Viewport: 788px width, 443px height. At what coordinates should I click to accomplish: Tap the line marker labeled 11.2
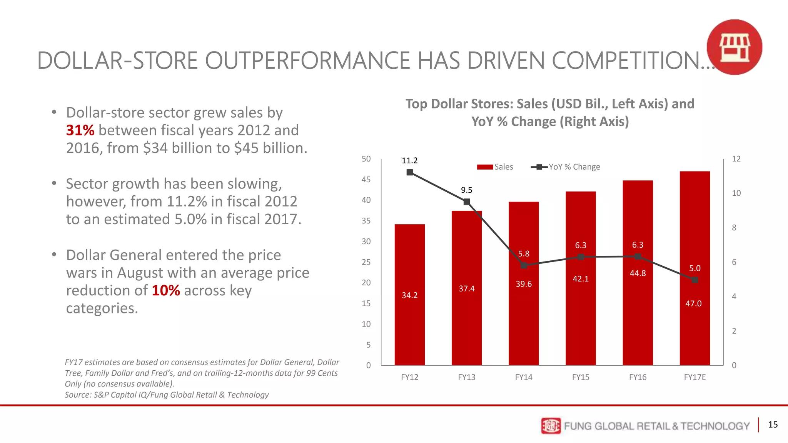coord(410,172)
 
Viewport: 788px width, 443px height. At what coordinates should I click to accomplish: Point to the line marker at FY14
coord(524,265)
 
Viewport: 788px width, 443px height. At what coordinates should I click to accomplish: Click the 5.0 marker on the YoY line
coord(695,280)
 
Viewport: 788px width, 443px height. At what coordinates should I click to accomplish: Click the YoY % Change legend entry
coord(566,167)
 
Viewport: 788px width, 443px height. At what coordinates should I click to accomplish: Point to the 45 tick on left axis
coord(366,180)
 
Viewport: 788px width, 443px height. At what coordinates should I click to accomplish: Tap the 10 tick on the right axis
coord(736,193)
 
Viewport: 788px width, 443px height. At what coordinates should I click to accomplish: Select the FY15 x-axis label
coord(581,377)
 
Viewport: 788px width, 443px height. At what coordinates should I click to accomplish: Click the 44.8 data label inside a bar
coord(638,273)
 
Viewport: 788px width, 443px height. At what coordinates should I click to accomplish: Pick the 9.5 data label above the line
coord(466,190)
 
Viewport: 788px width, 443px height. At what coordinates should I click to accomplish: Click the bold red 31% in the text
coord(80,130)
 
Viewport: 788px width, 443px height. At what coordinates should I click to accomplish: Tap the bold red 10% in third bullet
coord(165,290)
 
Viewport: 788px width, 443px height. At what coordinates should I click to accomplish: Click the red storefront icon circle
coord(734,47)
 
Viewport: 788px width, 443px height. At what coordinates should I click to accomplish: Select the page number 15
coord(773,425)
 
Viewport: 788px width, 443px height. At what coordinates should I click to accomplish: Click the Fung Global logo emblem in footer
coord(551,426)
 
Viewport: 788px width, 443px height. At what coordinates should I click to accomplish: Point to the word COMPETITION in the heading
coord(631,61)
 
